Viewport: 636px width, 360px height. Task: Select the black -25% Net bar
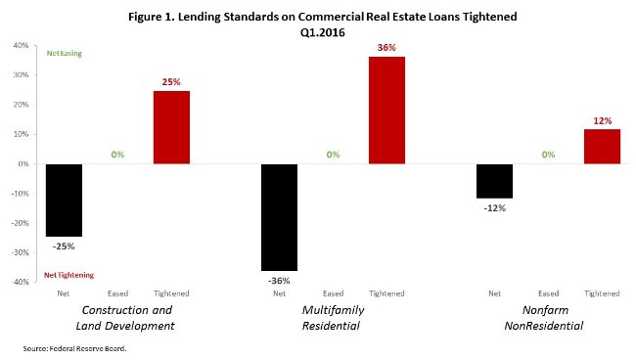point(65,200)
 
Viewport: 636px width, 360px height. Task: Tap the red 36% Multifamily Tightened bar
point(386,111)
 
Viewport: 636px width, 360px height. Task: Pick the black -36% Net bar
point(279,216)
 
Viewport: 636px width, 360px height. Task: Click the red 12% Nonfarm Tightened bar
point(602,146)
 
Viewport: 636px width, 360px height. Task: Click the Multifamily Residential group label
point(332,317)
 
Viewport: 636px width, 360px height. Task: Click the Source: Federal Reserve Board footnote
point(75,347)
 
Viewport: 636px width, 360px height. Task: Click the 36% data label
point(386,48)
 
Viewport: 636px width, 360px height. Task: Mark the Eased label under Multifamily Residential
point(333,293)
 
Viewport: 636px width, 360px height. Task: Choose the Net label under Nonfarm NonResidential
point(494,293)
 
